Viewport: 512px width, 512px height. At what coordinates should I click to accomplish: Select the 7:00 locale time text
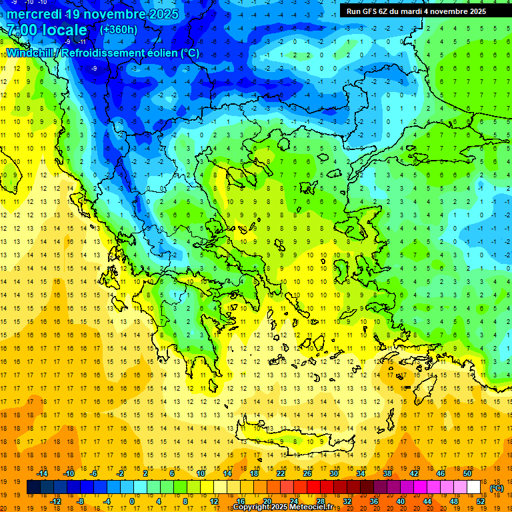tap(47, 30)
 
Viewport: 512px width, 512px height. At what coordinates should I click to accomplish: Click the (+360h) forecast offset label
tap(119, 29)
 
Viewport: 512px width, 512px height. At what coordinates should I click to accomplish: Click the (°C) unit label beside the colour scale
tap(497, 488)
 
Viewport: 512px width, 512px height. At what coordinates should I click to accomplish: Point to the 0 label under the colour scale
tap(131, 501)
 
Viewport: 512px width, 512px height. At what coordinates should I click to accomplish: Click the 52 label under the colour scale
tap(481, 501)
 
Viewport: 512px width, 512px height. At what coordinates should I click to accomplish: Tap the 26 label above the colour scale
tap(307, 473)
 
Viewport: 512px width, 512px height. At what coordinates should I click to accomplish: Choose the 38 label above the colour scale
tap(387, 473)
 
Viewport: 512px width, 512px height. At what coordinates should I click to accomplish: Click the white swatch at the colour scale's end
tap(474, 487)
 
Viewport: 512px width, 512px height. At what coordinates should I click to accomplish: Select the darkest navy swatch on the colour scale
tap(34, 487)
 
